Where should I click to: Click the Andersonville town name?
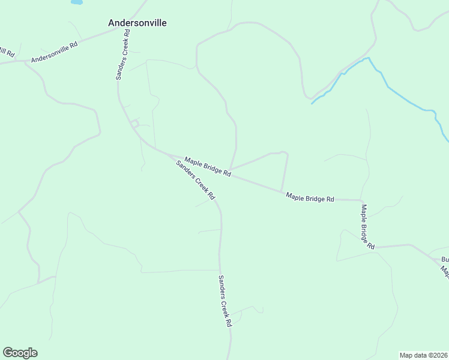pyautogui.click(x=137, y=23)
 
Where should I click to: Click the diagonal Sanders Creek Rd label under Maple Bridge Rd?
pyautogui.click(x=196, y=180)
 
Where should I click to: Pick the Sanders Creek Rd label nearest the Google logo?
pyautogui.click(x=224, y=309)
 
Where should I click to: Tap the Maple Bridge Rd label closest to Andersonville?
pyautogui.click(x=208, y=166)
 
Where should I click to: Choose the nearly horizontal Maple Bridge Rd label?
pyautogui.click(x=310, y=197)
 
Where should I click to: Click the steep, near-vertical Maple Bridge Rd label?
pyautogui.click(x=367, y=227)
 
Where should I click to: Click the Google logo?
pyautogui.click(x=20, y=353)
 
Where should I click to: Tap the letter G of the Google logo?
pyautogui.click(x=7, y=353)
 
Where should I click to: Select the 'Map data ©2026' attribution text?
pyautogui.click(x=424, y=355)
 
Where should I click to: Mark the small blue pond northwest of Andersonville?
pyautogui.click(x=76, y=2)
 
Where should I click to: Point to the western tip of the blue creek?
pyautogui.click(x=312, y=104)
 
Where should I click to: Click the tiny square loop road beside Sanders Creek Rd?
pyautogui.click(x=135, y=124)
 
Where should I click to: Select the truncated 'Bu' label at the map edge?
pyautogui.click(x=445, y=260)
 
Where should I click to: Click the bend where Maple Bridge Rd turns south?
pyautogui.click(x=361, y=200)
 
